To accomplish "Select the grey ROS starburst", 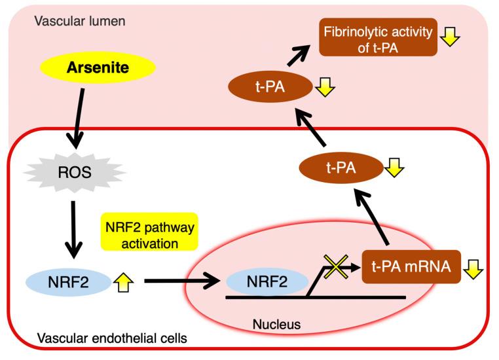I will (69, 173).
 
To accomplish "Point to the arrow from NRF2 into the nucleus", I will (182, 282).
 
